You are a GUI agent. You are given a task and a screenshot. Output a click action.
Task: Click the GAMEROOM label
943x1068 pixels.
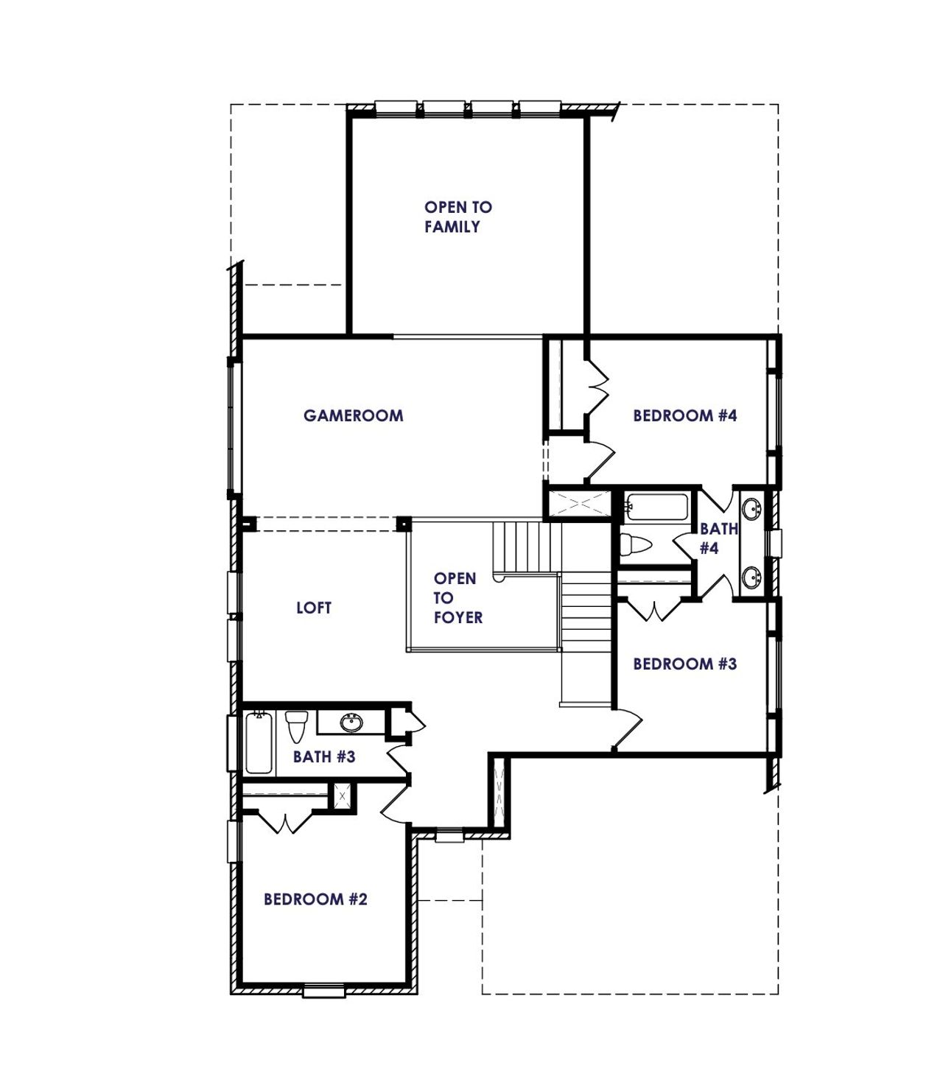pyautogui.click(x=353, y=415)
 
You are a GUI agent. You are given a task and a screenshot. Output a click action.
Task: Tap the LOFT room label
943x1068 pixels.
pyautogui.click(x=314, y=608)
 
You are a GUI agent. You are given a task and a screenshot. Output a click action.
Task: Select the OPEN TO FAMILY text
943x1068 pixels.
pyautogui.click(x=458, y=217)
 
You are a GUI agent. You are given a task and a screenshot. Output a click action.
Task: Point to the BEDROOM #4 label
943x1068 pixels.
pyautogui.click(x=684, y=415)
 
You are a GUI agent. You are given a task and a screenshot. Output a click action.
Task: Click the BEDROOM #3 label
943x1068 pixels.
pyautogui.click(x=684, y=664)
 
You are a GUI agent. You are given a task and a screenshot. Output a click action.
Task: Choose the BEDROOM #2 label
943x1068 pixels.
pyautogui.click(x=315, y=899)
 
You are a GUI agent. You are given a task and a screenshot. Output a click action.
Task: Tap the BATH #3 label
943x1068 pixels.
pyautogui.click(x=324, y=756)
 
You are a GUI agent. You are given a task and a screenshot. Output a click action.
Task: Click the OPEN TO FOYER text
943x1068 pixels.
pyautogui.click(x=457, y=598)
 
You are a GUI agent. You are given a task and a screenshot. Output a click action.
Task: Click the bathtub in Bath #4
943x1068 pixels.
pyautogui.click(x=656, y=507)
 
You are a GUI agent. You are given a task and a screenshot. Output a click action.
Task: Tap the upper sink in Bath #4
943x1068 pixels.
pyautogui.click(x=751, y=508)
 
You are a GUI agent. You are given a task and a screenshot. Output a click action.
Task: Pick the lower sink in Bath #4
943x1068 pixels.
pyautogui.click(x=751, y=577)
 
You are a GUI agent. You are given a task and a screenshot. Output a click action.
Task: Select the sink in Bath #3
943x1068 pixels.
pyautogui.click(x=352, y=723)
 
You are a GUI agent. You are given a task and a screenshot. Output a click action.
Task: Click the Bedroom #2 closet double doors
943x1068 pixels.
pyautogui.click(x=284, y=821)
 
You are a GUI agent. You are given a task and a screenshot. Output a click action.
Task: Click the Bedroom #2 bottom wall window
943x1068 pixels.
pyautogui.click(x=324, y=991)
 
